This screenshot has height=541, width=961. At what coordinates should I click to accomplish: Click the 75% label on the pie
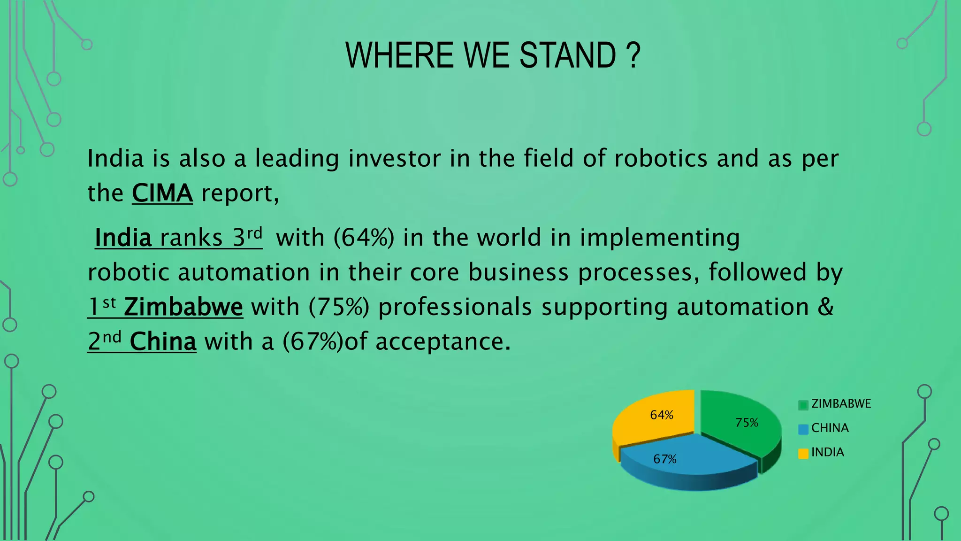747,423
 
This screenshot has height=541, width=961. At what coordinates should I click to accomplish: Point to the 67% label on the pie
664,459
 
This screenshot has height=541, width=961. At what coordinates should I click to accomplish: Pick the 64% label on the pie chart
662,415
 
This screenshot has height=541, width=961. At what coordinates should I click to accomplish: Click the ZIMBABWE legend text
841,403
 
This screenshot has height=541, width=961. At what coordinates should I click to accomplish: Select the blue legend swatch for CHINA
803,429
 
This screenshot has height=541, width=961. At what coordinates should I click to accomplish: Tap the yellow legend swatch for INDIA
803,453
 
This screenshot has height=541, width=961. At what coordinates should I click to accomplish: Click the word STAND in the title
567,55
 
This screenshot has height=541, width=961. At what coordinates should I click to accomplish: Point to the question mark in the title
633,55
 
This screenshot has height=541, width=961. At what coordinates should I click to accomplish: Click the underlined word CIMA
162,193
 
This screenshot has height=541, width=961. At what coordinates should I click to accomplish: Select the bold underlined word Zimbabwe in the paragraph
183,307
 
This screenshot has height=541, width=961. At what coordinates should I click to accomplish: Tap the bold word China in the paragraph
163,341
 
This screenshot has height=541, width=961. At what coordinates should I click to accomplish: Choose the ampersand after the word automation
825,307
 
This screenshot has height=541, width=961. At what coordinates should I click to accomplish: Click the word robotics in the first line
661,158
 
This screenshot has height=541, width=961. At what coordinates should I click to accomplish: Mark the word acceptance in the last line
442,341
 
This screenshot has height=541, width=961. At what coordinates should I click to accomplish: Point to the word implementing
659,238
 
